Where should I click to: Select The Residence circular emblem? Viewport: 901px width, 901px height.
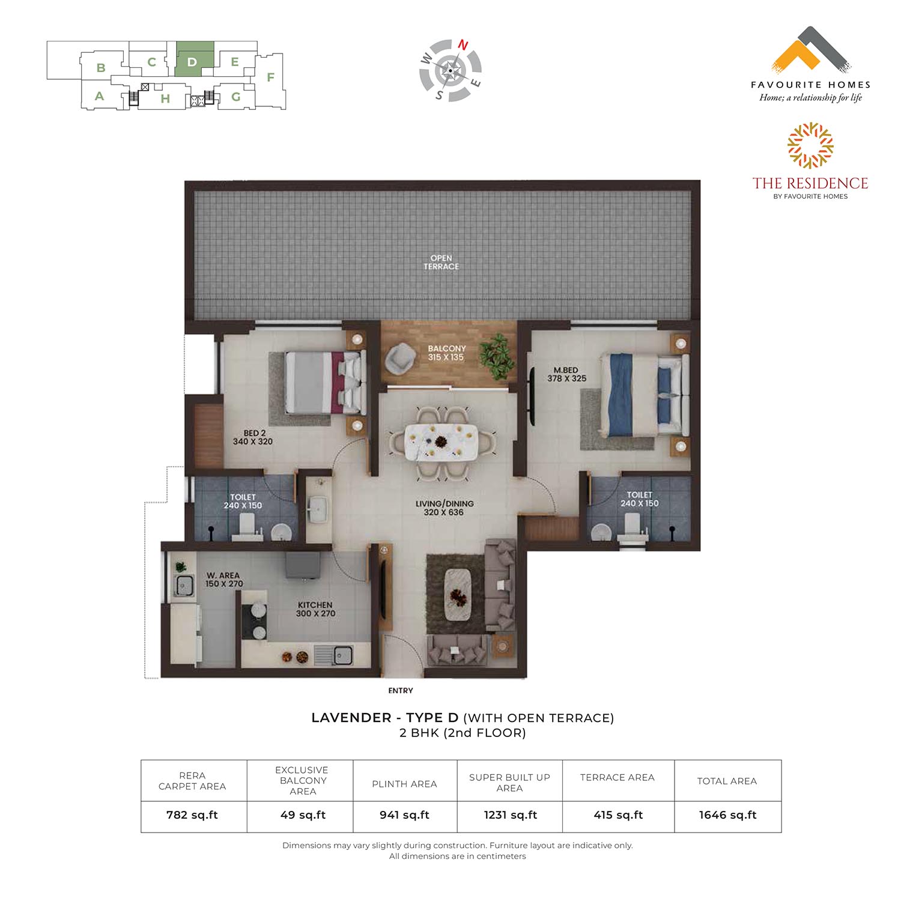[810, 145]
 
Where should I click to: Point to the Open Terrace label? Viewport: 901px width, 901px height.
[441, 262]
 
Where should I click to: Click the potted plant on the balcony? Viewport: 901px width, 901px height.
[498, 356]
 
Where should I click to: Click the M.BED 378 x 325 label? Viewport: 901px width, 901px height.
[566, 374]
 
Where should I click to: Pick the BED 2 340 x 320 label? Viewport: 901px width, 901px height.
[253, 437]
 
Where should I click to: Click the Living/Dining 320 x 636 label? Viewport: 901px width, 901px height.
[444, 508]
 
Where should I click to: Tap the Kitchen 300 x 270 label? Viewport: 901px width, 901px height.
[315, 609]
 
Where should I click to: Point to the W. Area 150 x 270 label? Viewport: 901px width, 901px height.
[223, 580]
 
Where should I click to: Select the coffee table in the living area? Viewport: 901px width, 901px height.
[458, 595]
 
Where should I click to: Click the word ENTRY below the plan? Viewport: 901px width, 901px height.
[401, 691]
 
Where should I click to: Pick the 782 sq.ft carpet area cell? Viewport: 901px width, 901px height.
[192, 815]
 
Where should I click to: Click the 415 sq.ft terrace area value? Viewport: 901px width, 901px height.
[618, 815]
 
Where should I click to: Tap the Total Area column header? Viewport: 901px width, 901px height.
[727, 781]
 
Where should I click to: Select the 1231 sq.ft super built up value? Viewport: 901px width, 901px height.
[509, 815]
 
